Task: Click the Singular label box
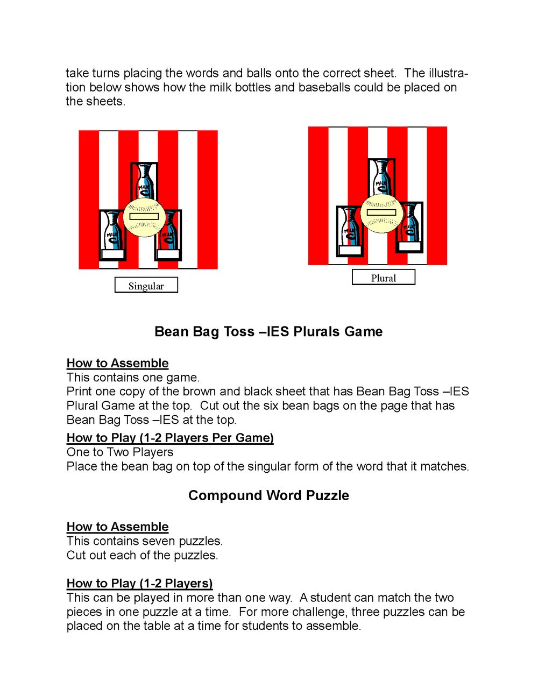click(146, 285)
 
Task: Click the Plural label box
click(383, 277)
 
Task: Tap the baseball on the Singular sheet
click(144, 217)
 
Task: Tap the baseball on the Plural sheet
click(381, 213)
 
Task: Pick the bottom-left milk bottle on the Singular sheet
click(112, 235)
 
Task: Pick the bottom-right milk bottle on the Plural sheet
click(410, 227)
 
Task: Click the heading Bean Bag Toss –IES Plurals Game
click(268, 331)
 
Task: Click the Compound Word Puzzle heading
click(268, 495)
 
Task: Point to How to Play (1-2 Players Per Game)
click(170, 438)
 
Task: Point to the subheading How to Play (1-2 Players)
click(139, 583)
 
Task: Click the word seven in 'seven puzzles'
click(159, 541)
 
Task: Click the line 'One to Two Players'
click(120, 452)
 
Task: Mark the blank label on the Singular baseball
click(144, 216)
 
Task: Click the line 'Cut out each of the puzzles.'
click(142, 555)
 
